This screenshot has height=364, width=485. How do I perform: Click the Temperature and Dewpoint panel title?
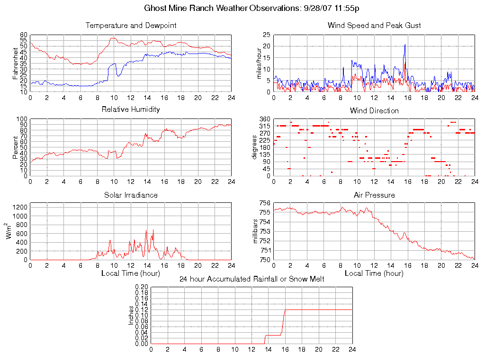[x=131, y=25]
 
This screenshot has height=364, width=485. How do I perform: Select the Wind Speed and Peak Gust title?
[x=374, y=25]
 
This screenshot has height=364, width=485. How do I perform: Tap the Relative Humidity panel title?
[x=131, y=109]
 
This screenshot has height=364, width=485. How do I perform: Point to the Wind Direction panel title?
[x=374, y=110]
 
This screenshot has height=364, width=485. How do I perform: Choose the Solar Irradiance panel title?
[x=131, y=195]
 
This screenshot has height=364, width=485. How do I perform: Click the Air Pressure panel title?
[x=374, y=195]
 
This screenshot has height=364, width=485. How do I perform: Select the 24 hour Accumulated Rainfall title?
[x=251, y=279]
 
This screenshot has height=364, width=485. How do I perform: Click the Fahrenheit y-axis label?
[x=16, y=63]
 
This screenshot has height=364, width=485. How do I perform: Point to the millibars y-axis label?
[x=256, y=231]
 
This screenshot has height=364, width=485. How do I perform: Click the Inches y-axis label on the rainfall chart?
[x=131, y=315]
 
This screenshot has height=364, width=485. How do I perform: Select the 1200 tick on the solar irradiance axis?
[x=20, y=207]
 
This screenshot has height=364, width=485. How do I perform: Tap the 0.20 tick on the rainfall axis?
[x=142, y=287]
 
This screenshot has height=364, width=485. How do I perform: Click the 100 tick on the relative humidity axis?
[x=22, y=119]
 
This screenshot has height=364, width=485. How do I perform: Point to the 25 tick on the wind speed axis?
[x=267, y=35]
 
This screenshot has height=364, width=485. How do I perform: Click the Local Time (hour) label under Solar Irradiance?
[x=131, y=273]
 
